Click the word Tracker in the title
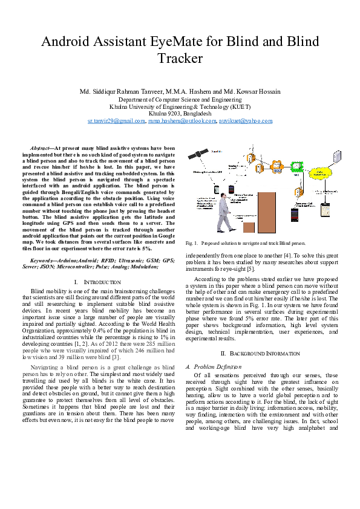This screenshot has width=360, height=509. point(180,59)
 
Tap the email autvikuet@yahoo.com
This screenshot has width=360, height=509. point(245,121)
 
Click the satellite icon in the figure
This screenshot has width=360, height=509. point(195,155)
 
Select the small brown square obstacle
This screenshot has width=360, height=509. point(249,227)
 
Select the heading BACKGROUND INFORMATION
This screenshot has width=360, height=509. point(262,353)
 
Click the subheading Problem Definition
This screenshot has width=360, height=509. point(213,367)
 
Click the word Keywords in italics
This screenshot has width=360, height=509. point(43,261)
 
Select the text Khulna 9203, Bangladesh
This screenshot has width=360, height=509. point(180,113)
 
